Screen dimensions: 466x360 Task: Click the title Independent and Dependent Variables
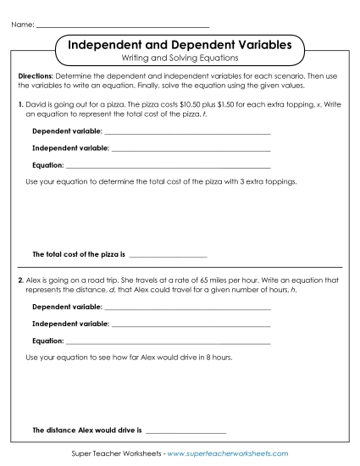click(180, 43)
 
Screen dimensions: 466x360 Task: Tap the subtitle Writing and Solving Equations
click(180, 58)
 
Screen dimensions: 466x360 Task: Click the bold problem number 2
click(20, 279)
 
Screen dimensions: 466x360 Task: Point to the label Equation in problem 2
click(47, 341)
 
